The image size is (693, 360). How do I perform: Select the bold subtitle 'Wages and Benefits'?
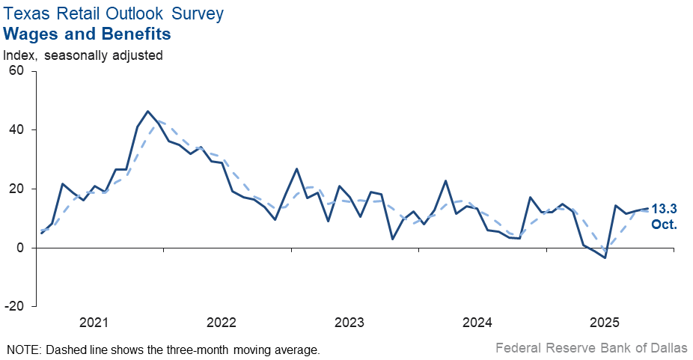[88, 34]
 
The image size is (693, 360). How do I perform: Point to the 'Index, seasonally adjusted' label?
[83, 55]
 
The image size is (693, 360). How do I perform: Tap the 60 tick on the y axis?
[17, 71]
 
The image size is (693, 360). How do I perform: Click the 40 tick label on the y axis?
[17, 130]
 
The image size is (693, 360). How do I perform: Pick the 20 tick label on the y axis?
[17, 189]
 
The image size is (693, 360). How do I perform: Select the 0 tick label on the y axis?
[21, 248]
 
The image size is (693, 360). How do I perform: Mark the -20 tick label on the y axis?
[15, 307]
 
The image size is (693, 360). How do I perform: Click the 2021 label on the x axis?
[94, 323]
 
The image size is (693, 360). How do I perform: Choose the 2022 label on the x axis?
[222, 323]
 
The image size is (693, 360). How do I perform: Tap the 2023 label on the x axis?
[349, 323]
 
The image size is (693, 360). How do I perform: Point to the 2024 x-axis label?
[477, 323]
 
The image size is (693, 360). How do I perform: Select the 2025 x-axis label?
[605, 323]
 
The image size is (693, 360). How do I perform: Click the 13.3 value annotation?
[665, 209]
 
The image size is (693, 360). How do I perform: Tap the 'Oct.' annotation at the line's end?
[665, 224]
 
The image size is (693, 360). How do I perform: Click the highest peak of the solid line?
[148, 112]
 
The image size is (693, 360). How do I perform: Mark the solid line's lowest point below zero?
[605, 257]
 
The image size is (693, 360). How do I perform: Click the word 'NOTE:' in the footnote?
[23, 350]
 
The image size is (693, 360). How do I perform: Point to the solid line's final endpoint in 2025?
[647, 209]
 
